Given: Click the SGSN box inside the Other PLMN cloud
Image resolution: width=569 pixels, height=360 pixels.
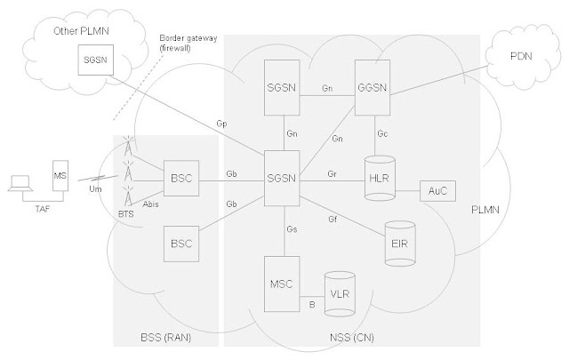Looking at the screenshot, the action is pyautogui.click(x=96, y=60).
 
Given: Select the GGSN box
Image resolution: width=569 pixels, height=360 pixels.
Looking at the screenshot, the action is pyautogui.click(x=373, y=87).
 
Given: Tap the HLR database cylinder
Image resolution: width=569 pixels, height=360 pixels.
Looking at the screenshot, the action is pyautogui.click(x=380, y=178).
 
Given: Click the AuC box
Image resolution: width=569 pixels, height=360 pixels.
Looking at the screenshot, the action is pyautogui.click(x=437, y=191).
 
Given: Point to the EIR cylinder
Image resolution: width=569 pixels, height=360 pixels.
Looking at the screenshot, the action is pyautogui.click(x=400, y=244).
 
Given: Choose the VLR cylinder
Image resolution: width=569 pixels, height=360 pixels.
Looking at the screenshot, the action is pyautogui.click(x=340, y=294).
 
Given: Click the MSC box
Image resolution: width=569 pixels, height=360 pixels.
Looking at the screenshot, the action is pyautogui.click(x=282, y=284).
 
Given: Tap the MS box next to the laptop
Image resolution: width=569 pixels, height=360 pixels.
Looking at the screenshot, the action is pyautogui.click(x=60, y=176).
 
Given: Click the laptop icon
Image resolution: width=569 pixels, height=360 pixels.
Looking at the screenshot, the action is pyautogui.click(x=20, y=183).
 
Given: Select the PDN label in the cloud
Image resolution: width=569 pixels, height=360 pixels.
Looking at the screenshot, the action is pyautogui.click(x=521, y=56).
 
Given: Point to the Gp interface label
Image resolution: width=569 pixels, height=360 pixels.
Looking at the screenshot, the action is pyautogui.click(x=221, y=124).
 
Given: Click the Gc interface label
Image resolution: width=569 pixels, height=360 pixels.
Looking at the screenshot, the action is pyautogui.click(x=382, y=133).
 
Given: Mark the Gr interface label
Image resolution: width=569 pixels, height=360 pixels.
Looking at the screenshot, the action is pyautogui.click(x=332, y=174).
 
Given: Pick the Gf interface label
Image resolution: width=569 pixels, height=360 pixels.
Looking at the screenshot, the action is pyautogui.click(x=333, y=220).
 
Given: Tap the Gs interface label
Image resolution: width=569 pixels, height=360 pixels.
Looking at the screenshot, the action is pyautogui.click(x=293, y=229).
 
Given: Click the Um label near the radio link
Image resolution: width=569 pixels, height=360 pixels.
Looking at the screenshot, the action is pyautogui.click(x=95, y=189).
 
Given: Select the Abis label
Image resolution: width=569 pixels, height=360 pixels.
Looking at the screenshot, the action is pyautogui.click(x=150, y=204).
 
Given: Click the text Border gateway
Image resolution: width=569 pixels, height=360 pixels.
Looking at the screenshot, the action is pyautogui.click(x=188, y=38).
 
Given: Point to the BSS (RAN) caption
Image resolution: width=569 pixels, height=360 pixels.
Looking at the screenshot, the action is pyautogui.click(x=166, y=338).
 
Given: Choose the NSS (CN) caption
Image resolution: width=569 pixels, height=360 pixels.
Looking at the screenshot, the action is pyautogui.click(x=352, y=338).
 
